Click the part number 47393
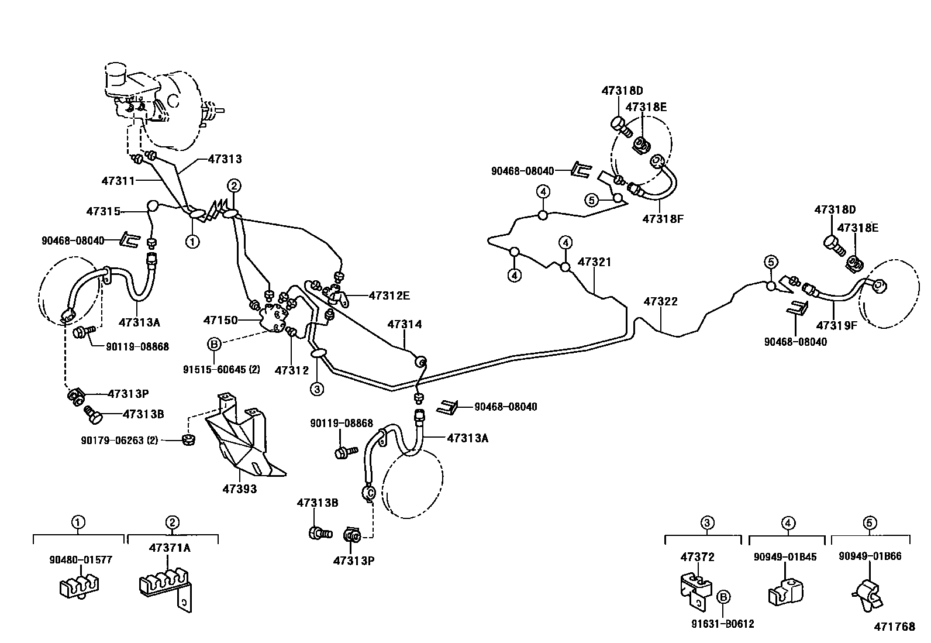click(239, 489)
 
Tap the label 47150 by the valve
click(220, 320)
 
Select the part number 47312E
click(389, 295)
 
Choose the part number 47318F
click(663, 219)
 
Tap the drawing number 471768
click(894, 627)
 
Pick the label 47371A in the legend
click(170, 548)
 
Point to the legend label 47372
click(697, 557)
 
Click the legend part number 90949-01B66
click(870, 556)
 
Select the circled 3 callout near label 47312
click(316, 388)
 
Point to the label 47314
click(404, 324)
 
